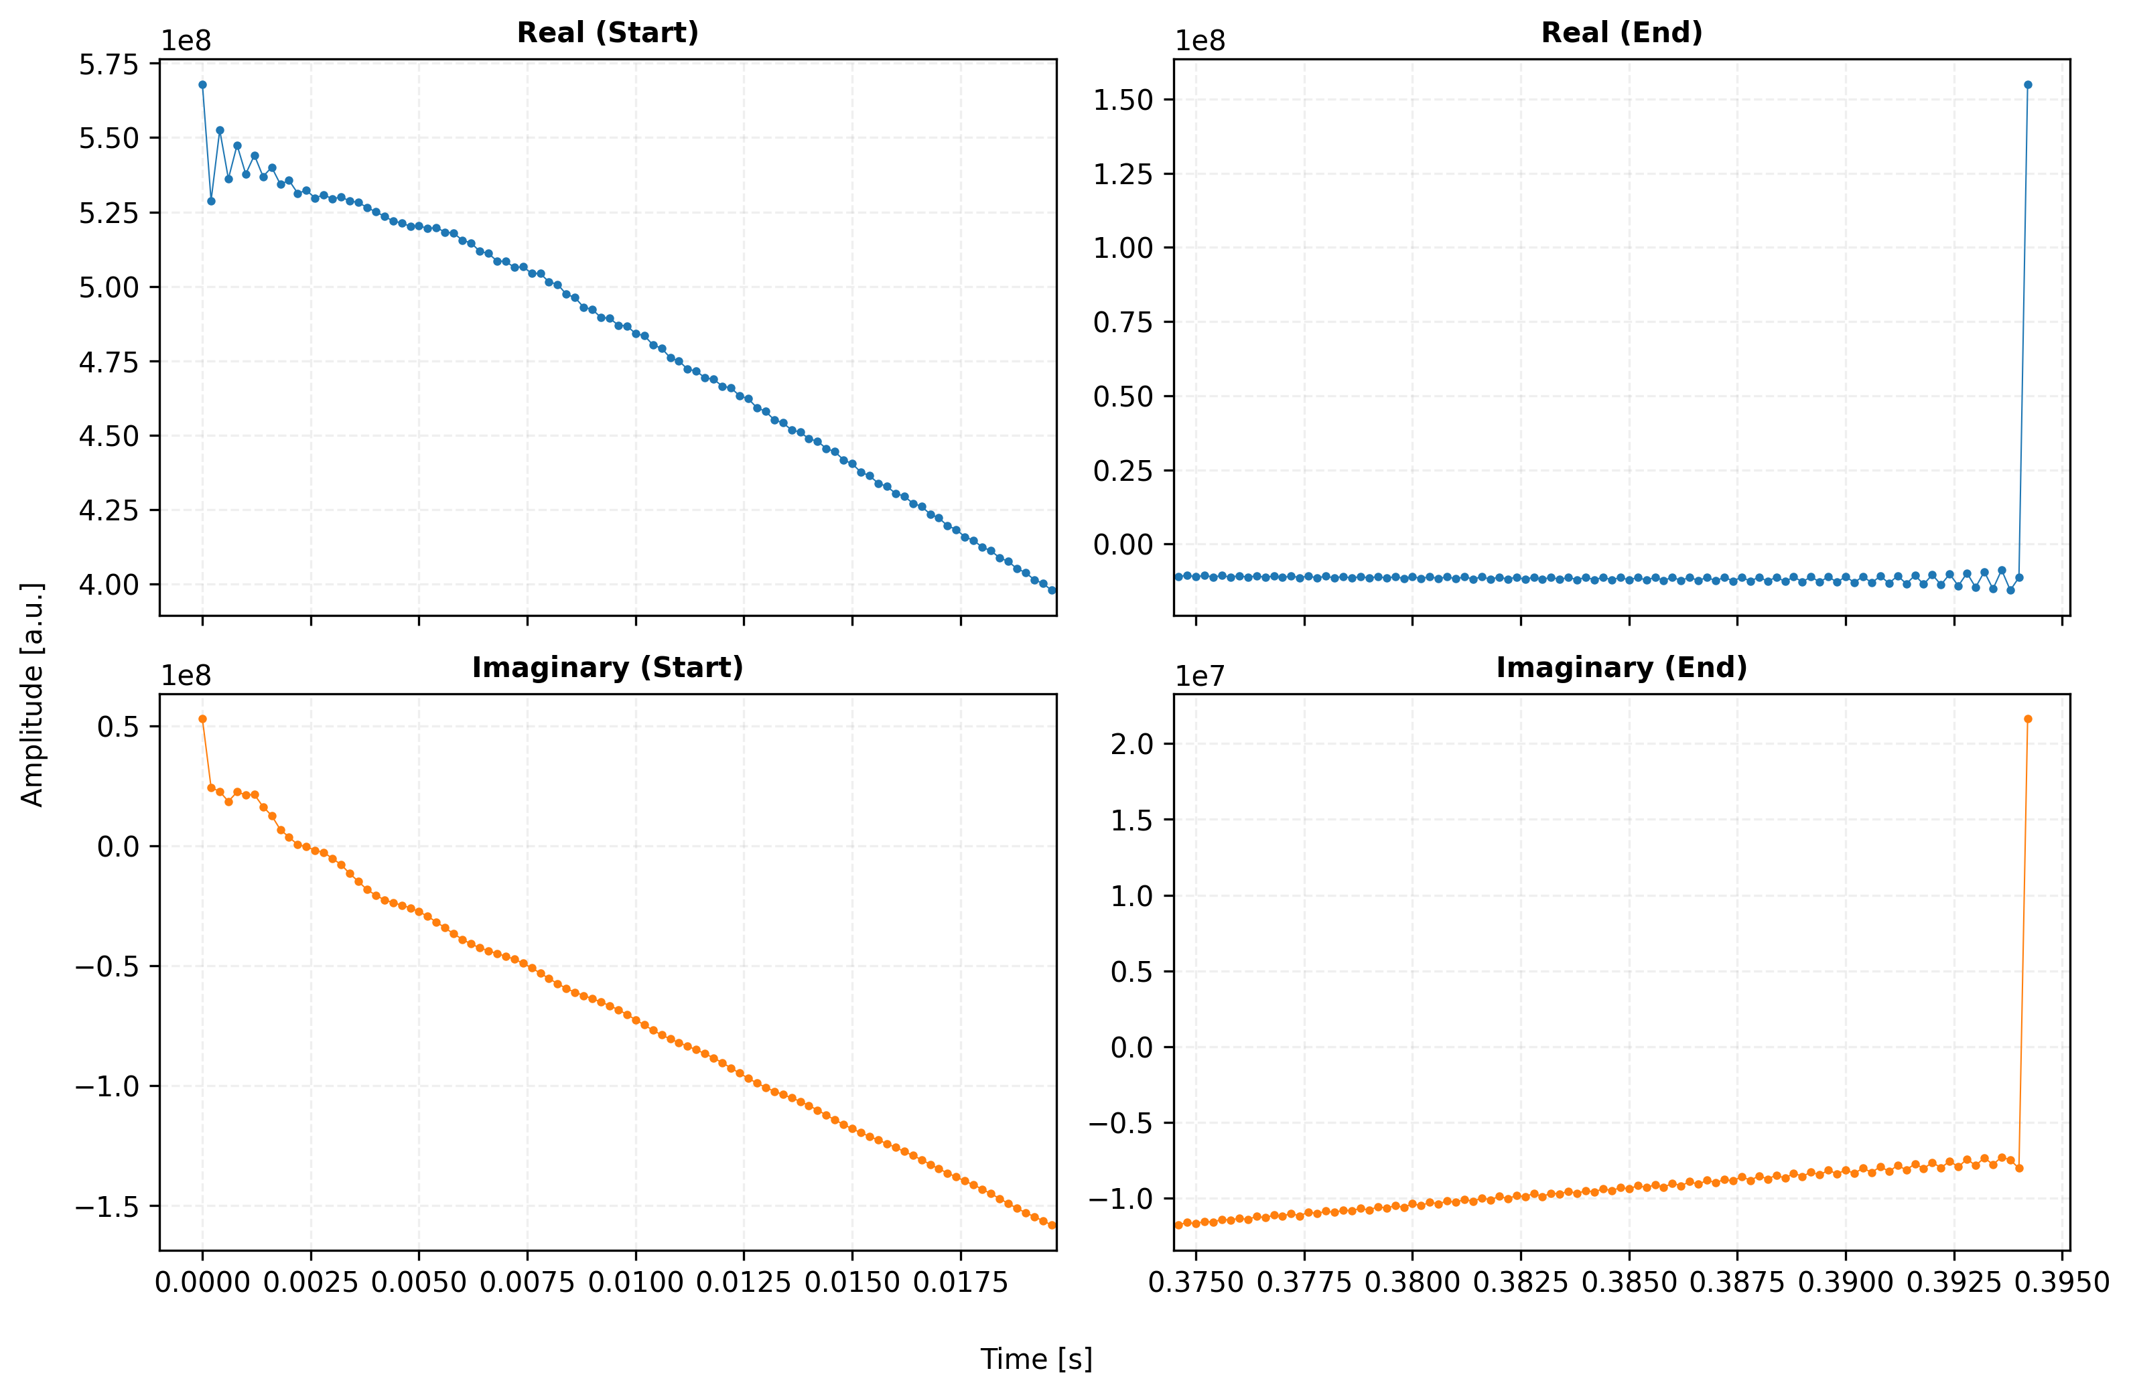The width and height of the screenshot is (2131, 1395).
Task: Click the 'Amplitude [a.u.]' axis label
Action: [32, 694]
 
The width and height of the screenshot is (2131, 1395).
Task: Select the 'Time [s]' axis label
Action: [1036, 1360]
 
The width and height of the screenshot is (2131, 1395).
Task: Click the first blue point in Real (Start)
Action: [202, 85]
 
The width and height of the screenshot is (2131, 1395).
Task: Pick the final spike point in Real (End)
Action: [2028, 85]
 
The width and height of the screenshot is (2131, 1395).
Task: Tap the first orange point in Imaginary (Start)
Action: [202, 719]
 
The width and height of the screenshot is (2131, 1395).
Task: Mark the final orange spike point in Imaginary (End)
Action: [2028, 719]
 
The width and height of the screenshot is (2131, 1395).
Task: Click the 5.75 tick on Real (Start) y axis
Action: [109, 64]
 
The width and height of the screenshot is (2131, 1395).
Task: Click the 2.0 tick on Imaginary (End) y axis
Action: [1133, 744]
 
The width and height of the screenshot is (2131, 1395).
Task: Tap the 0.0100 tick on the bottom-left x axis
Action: [636, 1282]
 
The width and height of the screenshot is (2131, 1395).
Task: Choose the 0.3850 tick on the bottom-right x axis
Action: [1629, 1282]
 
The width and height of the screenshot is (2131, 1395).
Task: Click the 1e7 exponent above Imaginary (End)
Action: [1200, 677]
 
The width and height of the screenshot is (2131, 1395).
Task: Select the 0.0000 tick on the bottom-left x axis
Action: [202, 1282]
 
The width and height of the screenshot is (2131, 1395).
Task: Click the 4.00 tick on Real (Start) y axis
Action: [109, 585]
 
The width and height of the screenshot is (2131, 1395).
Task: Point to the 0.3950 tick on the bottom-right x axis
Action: [2063, 1282]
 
